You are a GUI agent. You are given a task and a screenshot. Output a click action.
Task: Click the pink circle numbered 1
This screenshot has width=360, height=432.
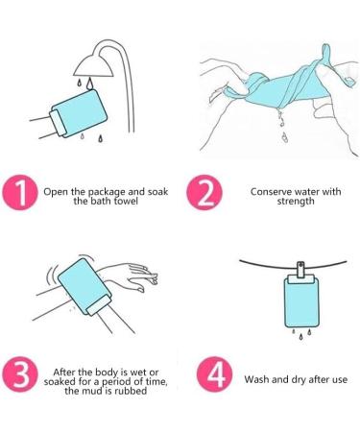(x=20, y=192)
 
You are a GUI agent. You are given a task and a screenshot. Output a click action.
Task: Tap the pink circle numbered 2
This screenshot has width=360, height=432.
(x=204, y=192)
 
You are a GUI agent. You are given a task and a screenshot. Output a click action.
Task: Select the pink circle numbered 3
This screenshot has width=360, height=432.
(x=20, y=374)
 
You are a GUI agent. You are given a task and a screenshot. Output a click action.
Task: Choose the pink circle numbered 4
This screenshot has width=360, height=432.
(x=215, y=374)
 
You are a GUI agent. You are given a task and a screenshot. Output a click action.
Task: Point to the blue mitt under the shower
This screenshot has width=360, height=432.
(x=79, y=114)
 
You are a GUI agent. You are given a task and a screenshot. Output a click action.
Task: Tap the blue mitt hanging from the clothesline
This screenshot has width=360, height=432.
(x=300, y=301)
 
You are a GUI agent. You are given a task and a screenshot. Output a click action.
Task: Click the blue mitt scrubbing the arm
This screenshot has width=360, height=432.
(x=84, y=286)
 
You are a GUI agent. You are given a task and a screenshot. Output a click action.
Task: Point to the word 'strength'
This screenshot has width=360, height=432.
(x=296, y=202)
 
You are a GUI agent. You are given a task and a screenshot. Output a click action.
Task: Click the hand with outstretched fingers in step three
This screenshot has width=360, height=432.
(x=134, y=275)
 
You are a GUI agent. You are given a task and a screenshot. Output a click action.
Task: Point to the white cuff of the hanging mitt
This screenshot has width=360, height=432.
(x=300, y=279)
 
